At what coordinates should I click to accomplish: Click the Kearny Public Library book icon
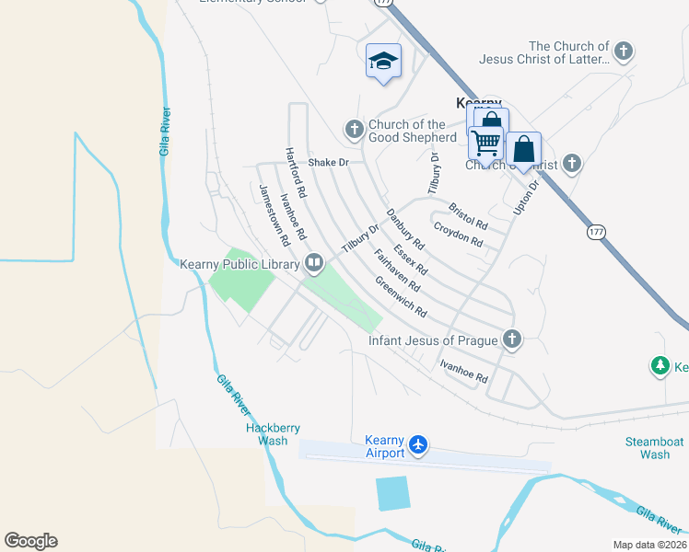[314, 264]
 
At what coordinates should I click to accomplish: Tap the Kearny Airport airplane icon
[419, 445]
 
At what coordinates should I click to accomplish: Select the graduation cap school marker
[383, 61]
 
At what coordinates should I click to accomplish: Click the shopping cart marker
[485, 143]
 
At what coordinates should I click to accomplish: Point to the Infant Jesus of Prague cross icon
[511, 340]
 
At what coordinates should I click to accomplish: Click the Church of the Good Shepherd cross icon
[355, 131]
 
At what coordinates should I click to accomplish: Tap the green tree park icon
[660, 367]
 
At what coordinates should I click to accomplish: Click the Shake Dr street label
[329, 163]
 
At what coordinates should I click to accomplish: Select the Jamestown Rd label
[274, 214]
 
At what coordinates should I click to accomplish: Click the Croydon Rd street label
[458, 235]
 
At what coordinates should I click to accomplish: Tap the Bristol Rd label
[467, 216]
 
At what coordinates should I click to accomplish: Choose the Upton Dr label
[524, 198]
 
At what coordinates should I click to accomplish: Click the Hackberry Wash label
[267, 434]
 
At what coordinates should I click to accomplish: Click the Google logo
[30, 541]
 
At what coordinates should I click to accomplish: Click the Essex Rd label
[410, 260]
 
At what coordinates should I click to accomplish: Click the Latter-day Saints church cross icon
[625, 52]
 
